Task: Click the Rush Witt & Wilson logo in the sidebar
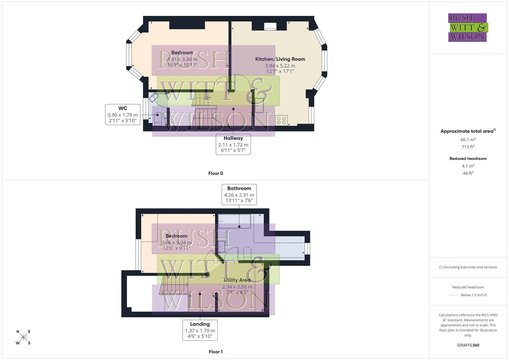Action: [x=467, y=28]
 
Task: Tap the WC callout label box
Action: [x=122, y=114]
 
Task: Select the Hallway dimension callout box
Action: [x=233, y=144]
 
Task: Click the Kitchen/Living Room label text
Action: [x=280, y=59]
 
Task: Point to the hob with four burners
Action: [x=281, y=120]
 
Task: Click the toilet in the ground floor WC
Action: [x=158, y=119]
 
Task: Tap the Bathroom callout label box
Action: [x=239, y=194]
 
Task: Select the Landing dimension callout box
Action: [x=200, y=330]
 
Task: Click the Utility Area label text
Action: [x=237, y=280]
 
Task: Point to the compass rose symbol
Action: [x=23, y=337]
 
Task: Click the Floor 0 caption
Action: [x=216, y=173]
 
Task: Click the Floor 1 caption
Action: [x=216, y=352]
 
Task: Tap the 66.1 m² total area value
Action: [x=468, y=140]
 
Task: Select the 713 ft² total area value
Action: [x=468, y=147]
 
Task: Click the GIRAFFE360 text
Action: [x=468, y=345]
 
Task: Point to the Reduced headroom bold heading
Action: [x=468, y=159]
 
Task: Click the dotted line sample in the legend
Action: [x=454, y=295]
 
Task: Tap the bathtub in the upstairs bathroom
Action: [x=234, y=221]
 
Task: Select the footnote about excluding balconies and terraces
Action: [x=468, y=267]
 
